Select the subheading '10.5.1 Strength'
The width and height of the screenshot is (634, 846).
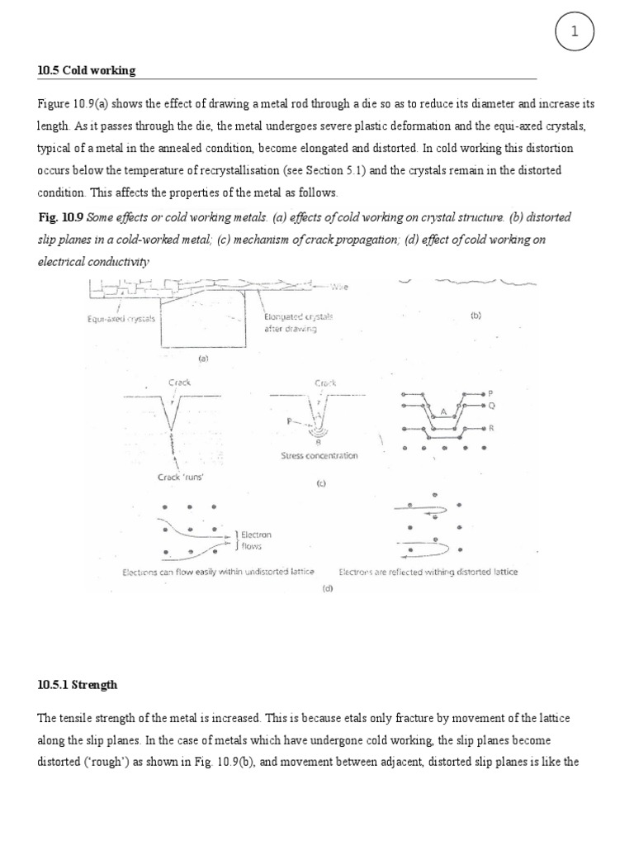pyautogui.click(x=78, y=685)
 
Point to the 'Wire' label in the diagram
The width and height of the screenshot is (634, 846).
pyautogui.click(x=340, y=287)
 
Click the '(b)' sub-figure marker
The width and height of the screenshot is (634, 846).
pyautogui.click(x=476, y=315)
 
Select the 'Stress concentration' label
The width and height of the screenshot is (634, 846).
pyautogui.click(x=318, y=455)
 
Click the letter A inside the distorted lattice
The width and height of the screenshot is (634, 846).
pyautogui.click(x=443, y=411)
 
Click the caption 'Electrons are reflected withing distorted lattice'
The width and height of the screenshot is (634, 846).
pyautogui.click(x=428, y=572)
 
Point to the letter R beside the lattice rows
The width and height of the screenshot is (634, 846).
pyautogui.click(x=491, y=430)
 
